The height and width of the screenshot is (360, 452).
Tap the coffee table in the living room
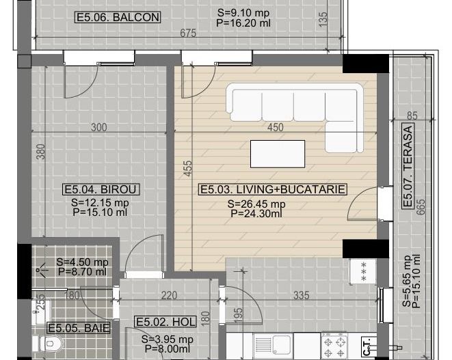pos(277,154)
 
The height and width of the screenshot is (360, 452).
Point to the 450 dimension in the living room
pos(275,127)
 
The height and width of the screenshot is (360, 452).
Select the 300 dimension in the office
pos(99,127)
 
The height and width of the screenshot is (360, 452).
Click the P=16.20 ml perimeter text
pos(244,22)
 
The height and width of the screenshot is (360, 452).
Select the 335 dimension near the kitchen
pos(300,296)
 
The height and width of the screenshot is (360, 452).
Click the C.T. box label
pos(367,348)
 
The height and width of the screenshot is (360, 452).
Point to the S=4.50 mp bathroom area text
pos(82,262)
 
